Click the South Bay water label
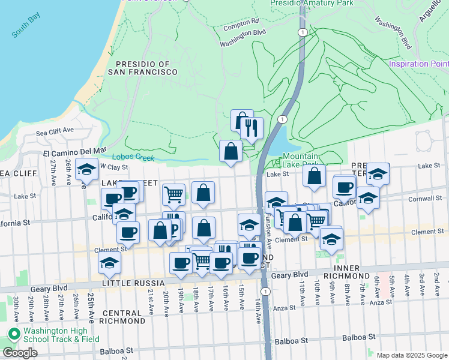(x=25, y=28)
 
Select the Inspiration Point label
(x=418, y=64)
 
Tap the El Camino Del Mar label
(x=75, y=152)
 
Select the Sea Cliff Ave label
(x=54, y=130)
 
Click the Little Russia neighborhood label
(x=133, y=283)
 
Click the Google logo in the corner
(x=19, y=353)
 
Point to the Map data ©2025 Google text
(x=412, y=355)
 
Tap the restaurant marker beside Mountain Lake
(x=251, y=128)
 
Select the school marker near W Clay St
(x=87, y=170)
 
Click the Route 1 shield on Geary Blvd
(x=265, y=290)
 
